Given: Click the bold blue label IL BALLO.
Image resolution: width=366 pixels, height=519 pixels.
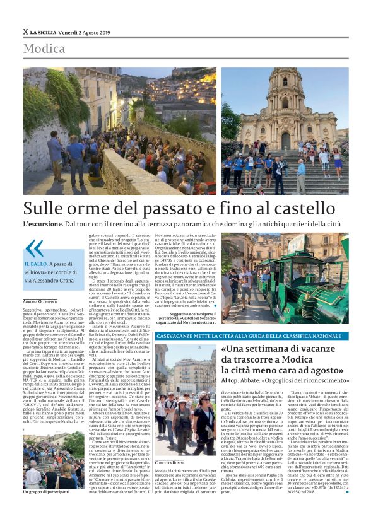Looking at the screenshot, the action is (37, 264).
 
